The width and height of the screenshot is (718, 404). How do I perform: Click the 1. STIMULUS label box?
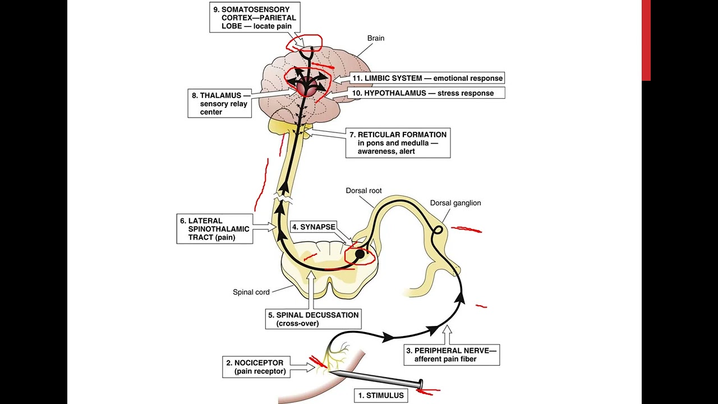point(381,395)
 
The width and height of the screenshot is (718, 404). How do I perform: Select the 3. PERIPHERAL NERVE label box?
point(451,355)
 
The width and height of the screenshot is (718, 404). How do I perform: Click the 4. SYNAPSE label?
point(314,227)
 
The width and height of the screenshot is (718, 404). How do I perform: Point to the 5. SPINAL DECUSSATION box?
point(313,319)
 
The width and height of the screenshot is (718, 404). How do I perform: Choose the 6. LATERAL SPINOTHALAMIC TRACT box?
point(213,229)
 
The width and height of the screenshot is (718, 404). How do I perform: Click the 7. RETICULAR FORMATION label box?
point(397,143)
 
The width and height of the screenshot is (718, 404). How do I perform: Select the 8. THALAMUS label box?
point(219,104)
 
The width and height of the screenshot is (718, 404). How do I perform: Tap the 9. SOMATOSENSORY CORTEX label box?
point(256,18)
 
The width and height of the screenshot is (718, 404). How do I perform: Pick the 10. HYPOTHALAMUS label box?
point(427,93)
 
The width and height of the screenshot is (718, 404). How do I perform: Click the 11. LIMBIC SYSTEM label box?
point(427,78)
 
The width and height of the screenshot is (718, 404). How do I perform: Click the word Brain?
point(376,38)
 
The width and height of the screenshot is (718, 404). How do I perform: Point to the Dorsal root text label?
point(363,191)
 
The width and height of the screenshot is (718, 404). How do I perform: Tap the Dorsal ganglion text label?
point(455,203)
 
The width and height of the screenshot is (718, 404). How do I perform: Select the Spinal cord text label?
point(251,292)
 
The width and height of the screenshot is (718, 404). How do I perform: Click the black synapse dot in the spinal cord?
point(360,254)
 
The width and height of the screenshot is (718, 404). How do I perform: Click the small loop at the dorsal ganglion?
point(438,229)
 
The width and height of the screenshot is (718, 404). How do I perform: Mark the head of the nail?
point(420,384)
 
